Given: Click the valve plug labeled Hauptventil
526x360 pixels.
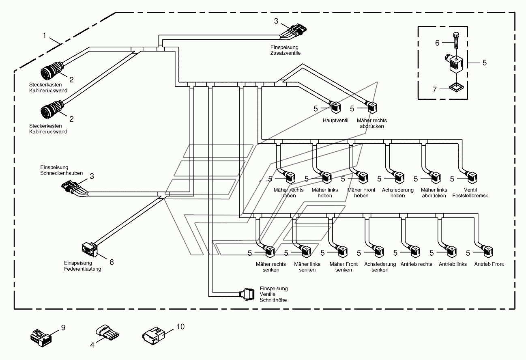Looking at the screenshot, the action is pos(335,107).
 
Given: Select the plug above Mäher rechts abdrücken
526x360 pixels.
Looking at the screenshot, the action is pos(372,108).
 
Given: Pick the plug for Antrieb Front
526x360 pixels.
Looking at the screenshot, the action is pos(487,252).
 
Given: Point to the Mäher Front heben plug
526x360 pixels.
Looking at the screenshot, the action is pos(362,177).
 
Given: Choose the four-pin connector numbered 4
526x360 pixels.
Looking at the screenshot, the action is pos(107,332).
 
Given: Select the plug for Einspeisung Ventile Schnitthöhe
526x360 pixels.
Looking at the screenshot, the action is pos(247,294).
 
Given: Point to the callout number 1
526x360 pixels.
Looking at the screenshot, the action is pos(44,36).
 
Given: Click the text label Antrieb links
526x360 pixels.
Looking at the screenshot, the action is pos(453,264).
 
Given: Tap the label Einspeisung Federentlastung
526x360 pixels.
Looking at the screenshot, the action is pos(82,266).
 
